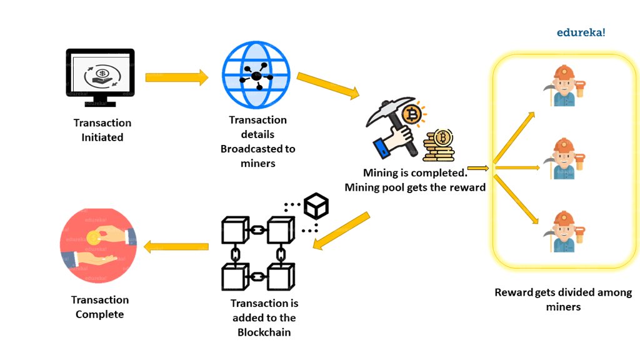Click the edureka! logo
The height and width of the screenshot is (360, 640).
pyautogui.click(x=581, y=32)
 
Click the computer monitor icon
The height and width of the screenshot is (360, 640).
pyautogui.click(x=101, y=77)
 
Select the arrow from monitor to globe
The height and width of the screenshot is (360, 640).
pyautogui.click(x=176, y=77)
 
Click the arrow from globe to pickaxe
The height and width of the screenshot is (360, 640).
pyautogui.click(x=328, y=86)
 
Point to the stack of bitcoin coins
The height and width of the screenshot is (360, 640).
pyautogui.click(x=438, y=146)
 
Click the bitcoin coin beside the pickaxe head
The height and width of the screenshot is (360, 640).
pyautogui.click(x=412, y=114)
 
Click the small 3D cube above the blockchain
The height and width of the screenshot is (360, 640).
pyautogui.click(x=316, y=206)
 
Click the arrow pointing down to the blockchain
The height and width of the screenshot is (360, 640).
pyautogui.click(x=341, y=231)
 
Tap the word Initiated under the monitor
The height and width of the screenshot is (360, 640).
pyautogui.click(x=102, y=137)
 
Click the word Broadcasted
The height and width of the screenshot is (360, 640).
pyautogui.click(x=258, y=149)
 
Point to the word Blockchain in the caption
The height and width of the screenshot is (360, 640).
pyautogui.click(x=264, y=332)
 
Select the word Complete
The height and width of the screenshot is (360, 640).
pyautogui.click(x=100, y=314)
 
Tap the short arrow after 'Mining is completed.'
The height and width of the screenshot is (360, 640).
pyautogui.click(x=477, y=167)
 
